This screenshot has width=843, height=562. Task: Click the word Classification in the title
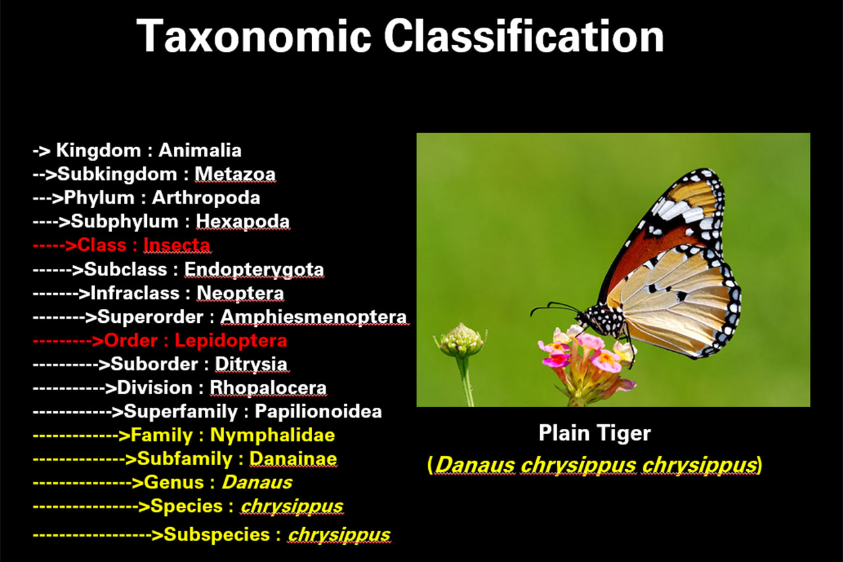pyautogui.click(x=524, y=36)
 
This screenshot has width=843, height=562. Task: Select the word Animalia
pyautogui.click(x=200, y=150)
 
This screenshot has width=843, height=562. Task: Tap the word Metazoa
pyautogui.click(x=235, y=174)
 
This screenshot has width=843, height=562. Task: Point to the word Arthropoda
pyautogui.click(x=206, y=198)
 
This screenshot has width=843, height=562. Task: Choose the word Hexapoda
pyautogui.click(x=243, y=221)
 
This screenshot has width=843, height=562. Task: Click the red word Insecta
pyautogui.click(x=177, y=245)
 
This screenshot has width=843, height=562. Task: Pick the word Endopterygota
pyautogui.click(x=254, y=269)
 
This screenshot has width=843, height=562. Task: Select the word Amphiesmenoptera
pyautogui.click(x=313, y=317)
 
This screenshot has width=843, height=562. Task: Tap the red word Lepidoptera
pyautogui.click(x=231, y=341)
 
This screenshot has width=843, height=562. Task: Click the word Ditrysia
pyautogui.click(x=251, y=364)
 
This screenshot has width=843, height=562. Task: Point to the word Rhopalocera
pyautogui.click(x=268, y=388)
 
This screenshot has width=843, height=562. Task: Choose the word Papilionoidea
pyautogui.click(x=318, y=412)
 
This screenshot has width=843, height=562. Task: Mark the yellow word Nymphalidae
pyautogui.click(x=272, y=436)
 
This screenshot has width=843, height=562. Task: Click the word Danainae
pyautogui.click(x=293, y=459)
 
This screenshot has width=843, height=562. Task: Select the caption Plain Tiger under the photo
pyautogui.click(x=594, y=433)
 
